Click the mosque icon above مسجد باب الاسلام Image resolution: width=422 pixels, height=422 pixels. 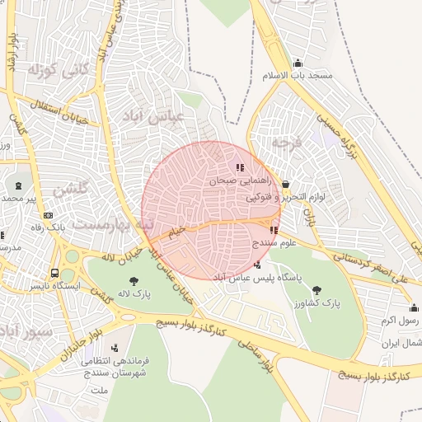click(x=298, y=63)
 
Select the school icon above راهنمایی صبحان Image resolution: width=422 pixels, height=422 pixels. click(x=240, y=167)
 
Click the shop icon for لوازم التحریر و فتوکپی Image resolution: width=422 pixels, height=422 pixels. click(x=285, y=185)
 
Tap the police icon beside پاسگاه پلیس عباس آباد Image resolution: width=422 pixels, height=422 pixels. click(x=259, y=265)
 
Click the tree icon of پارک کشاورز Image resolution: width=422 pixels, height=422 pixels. click(x=317, y=289)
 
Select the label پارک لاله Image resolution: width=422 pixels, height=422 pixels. click(x=134, y=293)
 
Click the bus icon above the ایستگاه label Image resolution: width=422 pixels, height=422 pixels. click(x=54, y=273)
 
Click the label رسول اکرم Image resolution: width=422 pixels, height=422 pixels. click(x=401, y=319)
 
